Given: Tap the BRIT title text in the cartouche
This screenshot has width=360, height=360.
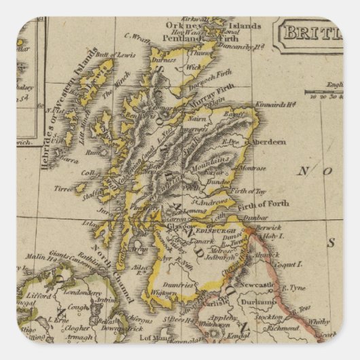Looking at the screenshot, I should point(312,32).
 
